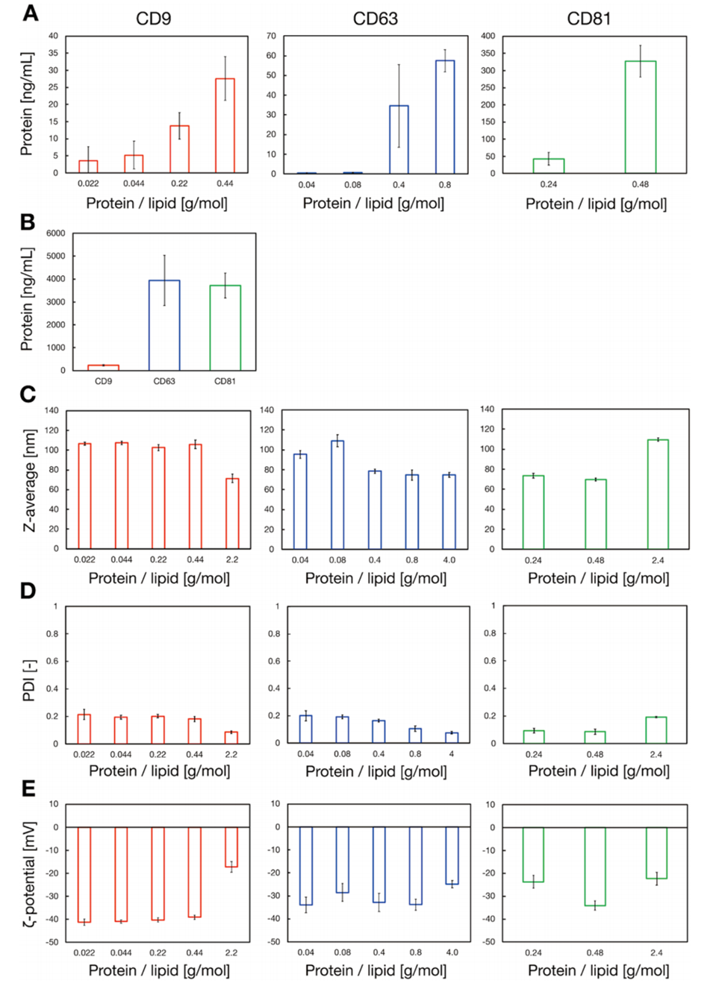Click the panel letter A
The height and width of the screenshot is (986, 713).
[x=31, y=13]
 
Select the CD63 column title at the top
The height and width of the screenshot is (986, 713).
[x=375, y=19]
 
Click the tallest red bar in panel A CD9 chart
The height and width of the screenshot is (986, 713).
[x=225, y=125]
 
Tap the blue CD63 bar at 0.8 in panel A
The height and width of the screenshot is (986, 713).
[x=445, y=116]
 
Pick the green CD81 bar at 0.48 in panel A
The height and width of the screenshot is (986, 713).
[x=640, y=117]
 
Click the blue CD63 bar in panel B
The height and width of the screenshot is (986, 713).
[x=164, y=325]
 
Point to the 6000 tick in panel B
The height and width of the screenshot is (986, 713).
[x=57, y=233]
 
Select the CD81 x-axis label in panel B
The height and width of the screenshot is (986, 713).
[x=225, y=381]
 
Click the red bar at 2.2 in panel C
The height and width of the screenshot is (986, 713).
[x=232, y=513]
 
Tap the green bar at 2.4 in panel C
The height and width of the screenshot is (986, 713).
[x=658, y=494]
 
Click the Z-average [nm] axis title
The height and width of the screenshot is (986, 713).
[x=29, y=480]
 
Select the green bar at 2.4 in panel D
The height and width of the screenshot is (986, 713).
[x=656, y=730]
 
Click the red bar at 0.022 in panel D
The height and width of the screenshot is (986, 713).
[x=84, y=729]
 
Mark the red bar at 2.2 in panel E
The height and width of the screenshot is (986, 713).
[x=231, y=847]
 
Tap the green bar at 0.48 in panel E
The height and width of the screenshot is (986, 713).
[x=595, y=866]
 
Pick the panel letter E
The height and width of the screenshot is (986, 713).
[x=29, y=788]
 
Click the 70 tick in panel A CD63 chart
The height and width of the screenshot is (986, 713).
[x=271, y=36]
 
